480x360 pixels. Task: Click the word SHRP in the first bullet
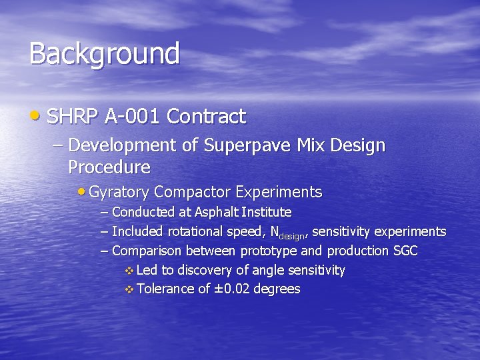(x=73, y=117)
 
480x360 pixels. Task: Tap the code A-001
(x=131, y=117)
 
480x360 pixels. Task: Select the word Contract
(x=206, y=117)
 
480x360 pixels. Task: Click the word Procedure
(x=109, y=166)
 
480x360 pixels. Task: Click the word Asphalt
(x=216, y=212)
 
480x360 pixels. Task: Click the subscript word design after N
(x=291, y=235)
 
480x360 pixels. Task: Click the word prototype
(x=268, y=251)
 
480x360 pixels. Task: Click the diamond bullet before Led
(x=129, y=271)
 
